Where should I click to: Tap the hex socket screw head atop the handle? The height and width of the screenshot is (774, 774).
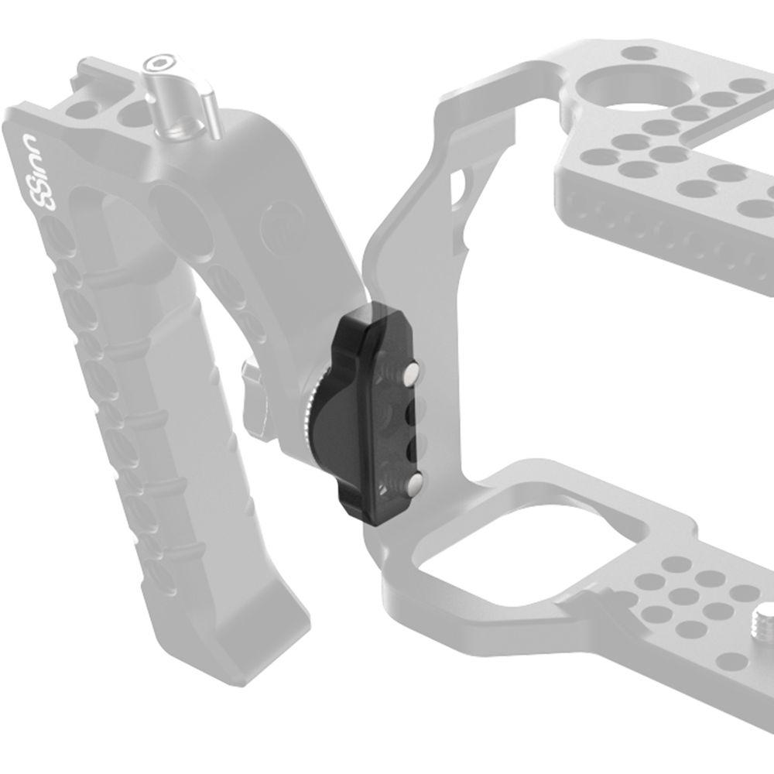[163, 64]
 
